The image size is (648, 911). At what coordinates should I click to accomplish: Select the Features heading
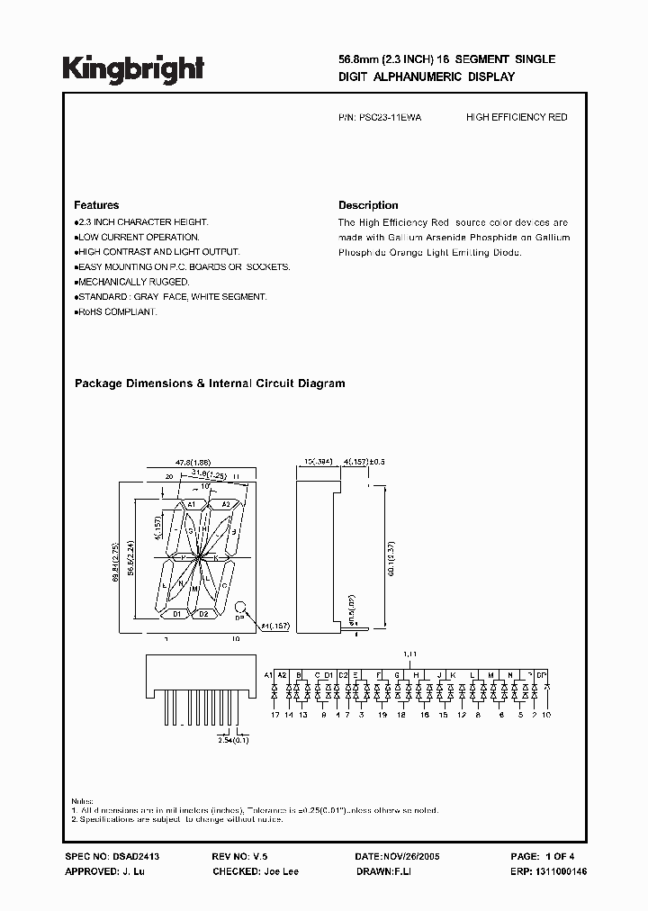click(x=96, y=205)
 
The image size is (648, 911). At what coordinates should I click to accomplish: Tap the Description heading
click(x=368, y=205)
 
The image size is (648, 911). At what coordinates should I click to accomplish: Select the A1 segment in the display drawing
click(x=192, y=505)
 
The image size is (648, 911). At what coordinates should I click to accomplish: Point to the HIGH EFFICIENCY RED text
click(x=517, y=118)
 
